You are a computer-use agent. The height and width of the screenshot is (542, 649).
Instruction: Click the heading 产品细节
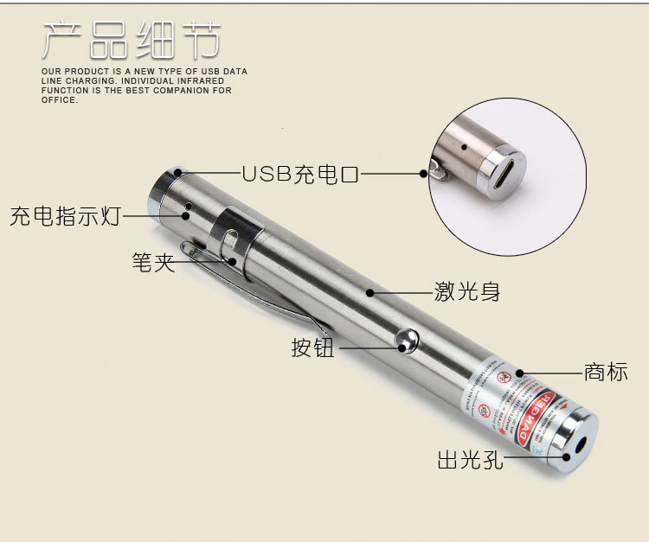[131, 41]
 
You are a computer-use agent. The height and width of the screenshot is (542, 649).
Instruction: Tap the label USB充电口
[299, 175]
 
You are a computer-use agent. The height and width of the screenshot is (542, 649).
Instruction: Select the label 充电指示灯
[65, 216]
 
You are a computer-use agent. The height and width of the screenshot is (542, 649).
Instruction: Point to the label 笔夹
[153, 262]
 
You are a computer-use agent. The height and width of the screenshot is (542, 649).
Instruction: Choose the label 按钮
[312, 348]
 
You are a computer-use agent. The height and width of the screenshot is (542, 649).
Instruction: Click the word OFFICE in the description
[59, 100]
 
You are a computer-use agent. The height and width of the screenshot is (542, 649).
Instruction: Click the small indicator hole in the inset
[465, 147]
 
